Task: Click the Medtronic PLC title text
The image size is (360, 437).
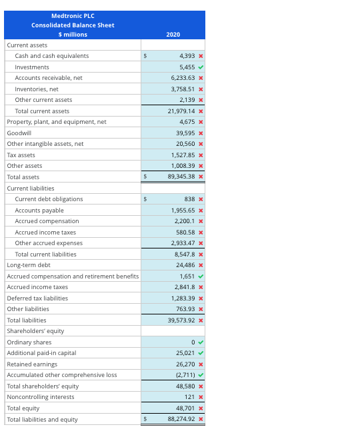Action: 73,16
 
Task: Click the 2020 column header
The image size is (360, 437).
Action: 173,34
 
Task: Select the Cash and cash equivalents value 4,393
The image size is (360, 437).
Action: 185,56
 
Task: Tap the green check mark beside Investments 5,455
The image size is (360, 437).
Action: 201,67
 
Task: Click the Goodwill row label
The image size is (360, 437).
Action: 19,133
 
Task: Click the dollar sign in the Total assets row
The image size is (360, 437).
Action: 145,177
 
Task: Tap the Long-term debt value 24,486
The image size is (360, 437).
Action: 184,265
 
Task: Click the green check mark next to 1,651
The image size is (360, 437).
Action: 201,276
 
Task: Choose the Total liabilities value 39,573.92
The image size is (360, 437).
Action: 181,320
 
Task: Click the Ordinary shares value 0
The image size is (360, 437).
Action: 192,342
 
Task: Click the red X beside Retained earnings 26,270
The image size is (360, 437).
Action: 201,364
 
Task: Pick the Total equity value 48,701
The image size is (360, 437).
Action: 184,408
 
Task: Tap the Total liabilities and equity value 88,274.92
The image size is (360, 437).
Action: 181,419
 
